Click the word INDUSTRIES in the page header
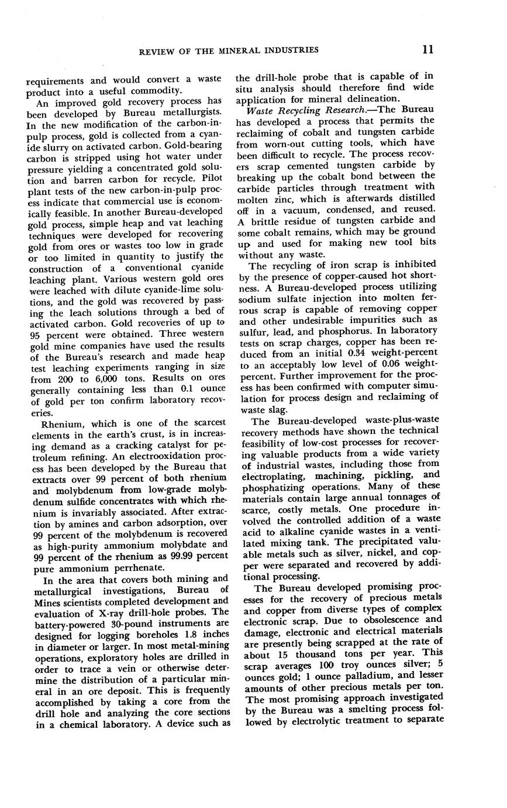(291, 50)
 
